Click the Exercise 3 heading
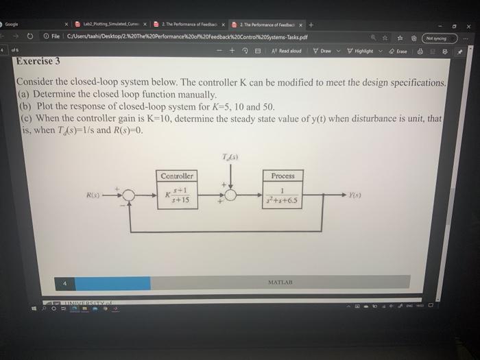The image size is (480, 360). pyautogui.click(x=38, y=61)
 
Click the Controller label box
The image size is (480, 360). pyautogui.click(x=178, y=176)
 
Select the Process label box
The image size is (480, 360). pyautogui.click(x=283, y=176)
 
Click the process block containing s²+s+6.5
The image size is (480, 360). pyautogui.click(x=283, y=195)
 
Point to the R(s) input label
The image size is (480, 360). pyautogui.click(x=94, y=194)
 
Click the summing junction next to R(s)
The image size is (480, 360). pyautogui.click(x=130, y=194)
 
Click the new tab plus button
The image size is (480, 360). pyautogui.click(x=311, y=25)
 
